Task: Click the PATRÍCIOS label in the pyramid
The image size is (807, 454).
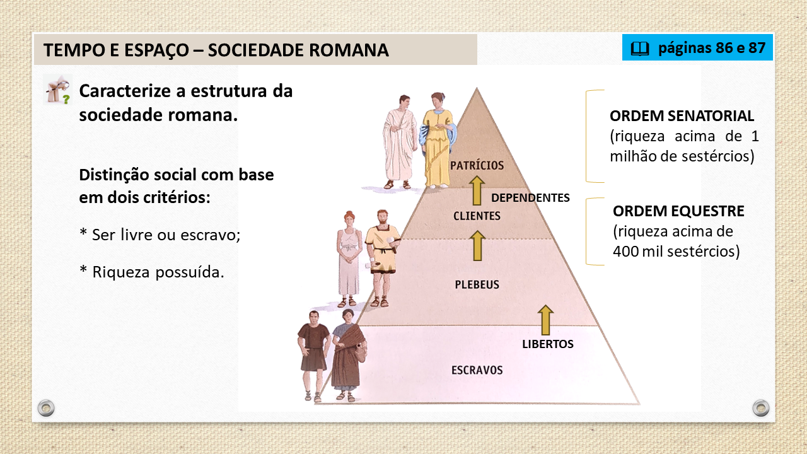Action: pos(477,165)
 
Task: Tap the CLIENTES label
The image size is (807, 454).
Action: pos(477,216)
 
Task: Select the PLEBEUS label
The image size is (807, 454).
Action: pos(477,284)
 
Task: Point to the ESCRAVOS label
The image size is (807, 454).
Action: pos(477,370)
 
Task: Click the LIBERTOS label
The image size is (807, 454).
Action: pos(548,344)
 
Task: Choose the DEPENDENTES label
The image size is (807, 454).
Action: pos(530,198)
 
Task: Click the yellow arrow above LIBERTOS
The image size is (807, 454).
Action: pos(545,320)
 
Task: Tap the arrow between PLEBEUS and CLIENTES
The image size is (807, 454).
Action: pos(477,245)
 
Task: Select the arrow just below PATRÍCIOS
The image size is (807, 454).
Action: pos(477,190)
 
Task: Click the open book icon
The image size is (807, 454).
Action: pos(640,49)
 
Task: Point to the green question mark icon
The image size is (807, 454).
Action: pos(66,99)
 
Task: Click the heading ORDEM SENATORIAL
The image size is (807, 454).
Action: pos(682,116)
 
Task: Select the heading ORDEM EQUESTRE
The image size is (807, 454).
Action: pos(678,211)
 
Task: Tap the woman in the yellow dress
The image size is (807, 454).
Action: pos(438,141)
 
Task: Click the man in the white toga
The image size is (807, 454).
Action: pos(400,142)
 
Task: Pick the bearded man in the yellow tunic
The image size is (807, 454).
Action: pos(382,258)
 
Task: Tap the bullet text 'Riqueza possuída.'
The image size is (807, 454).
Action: pos(158,272)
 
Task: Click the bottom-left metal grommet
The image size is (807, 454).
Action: pos(46,408)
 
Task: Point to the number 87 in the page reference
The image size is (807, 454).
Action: pos(757,48)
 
